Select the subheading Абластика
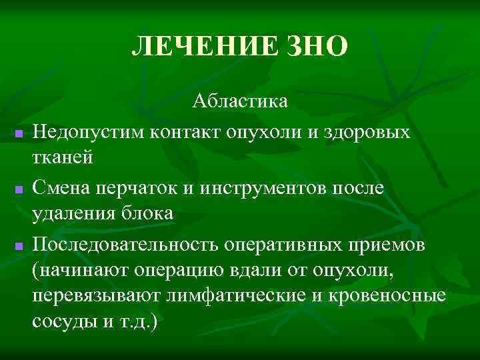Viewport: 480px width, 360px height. coord(241,101)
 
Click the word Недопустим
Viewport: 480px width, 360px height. coord(89,131)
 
